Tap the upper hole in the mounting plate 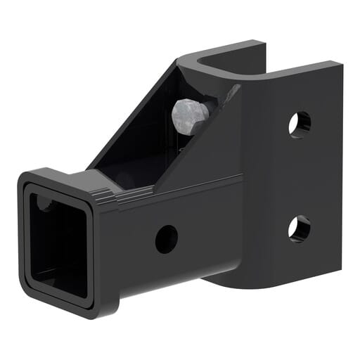click(x=300, y=124)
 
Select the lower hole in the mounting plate click(x=299, y=228)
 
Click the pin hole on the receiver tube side click(x=166, y=239)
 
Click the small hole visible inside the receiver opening click(x=44, y=205)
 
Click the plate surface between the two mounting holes click(x=300, y=176)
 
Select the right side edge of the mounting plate click(x=339, y=176)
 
